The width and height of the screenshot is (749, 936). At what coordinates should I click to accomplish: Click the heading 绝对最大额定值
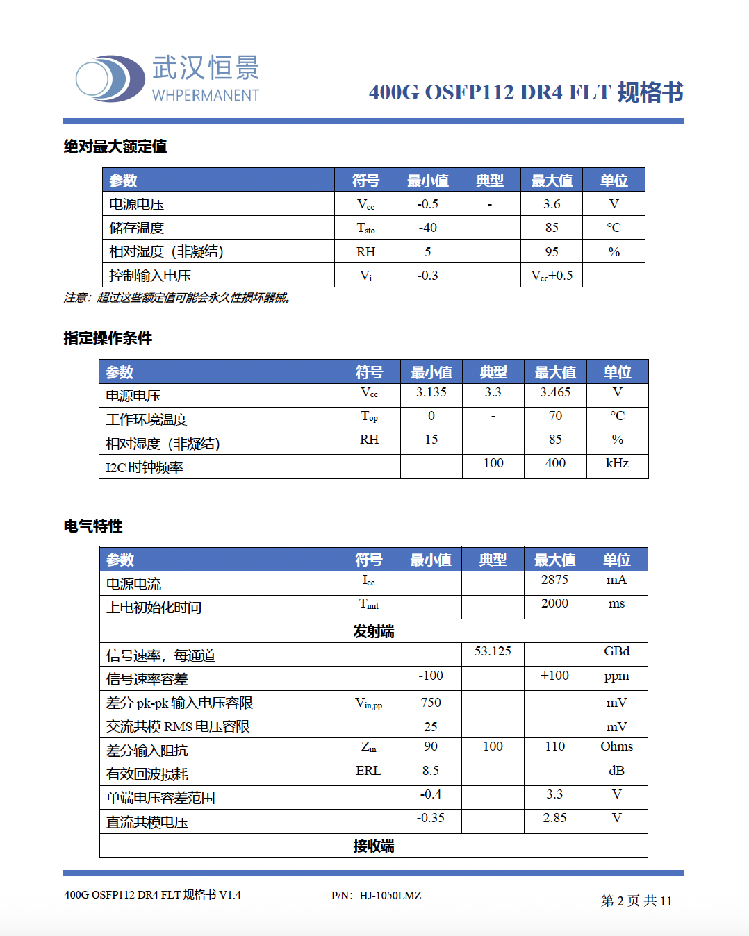[115, 147]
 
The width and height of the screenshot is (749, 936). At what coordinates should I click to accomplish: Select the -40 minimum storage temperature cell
[427, 228]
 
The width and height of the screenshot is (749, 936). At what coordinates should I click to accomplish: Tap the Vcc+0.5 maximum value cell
[552, 276]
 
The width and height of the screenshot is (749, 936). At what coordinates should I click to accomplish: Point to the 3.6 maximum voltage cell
[552, 204]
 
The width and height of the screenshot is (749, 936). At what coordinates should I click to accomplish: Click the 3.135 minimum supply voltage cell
[431, 392]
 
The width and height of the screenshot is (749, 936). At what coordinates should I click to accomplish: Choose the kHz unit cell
[617, 463]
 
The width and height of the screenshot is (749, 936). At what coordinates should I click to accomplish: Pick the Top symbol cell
[369, 417]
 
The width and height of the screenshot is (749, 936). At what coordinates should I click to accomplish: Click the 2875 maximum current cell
[554, 580]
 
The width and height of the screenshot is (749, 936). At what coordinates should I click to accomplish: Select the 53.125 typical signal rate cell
[493, 651]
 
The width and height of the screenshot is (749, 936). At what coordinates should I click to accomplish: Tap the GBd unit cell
[616, 651]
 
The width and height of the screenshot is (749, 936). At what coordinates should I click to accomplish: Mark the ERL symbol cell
[368, 771]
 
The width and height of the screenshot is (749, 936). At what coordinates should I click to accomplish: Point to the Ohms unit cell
[616, 746]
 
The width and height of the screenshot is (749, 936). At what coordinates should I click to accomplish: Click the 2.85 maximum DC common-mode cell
[554, 818]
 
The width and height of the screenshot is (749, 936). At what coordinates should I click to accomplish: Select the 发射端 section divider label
[374, 631]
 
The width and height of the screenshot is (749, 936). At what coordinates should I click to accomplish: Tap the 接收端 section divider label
[374, 846]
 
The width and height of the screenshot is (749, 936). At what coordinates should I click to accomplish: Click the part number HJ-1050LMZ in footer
[390, 896]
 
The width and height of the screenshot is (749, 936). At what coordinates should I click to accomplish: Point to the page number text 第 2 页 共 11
[636, 901]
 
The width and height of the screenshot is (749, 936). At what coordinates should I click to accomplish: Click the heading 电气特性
[93, 526]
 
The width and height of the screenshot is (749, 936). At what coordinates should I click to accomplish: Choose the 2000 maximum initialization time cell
[554, 603]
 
